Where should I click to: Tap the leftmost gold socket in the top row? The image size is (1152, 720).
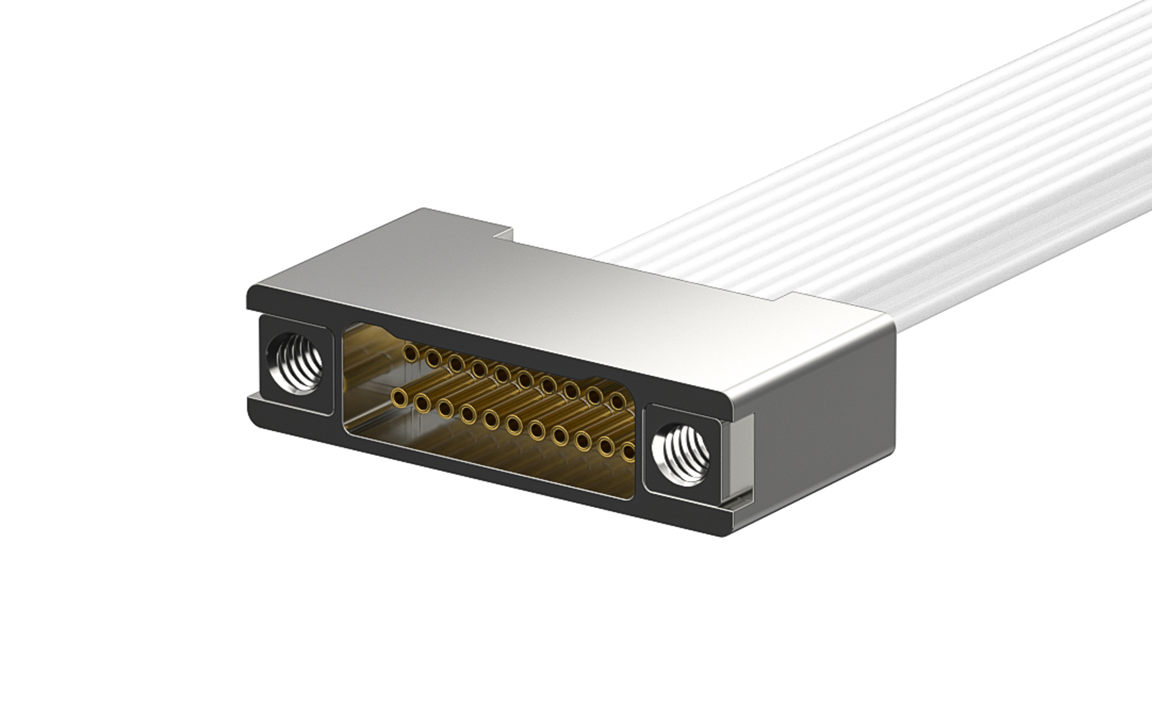point(411,352)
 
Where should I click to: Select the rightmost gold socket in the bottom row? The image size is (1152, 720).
point(628,451)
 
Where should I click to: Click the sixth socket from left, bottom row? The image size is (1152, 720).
point(514,425)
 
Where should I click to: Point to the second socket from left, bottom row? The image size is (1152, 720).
point(422,403)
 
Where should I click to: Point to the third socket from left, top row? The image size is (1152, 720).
point(457,363)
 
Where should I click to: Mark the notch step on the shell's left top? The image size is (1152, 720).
point(503,234)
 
